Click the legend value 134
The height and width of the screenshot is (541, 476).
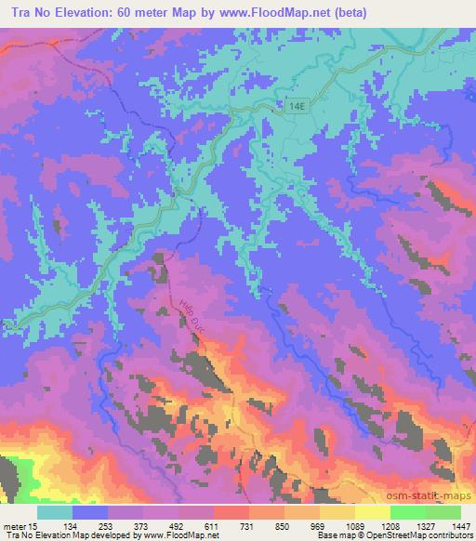(x=73, y=526)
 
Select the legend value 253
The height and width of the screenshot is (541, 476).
(x=108, y=526)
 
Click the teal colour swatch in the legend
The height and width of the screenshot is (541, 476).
(x=55, y=512)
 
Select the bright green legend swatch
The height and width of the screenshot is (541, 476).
(x=407, y=512)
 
